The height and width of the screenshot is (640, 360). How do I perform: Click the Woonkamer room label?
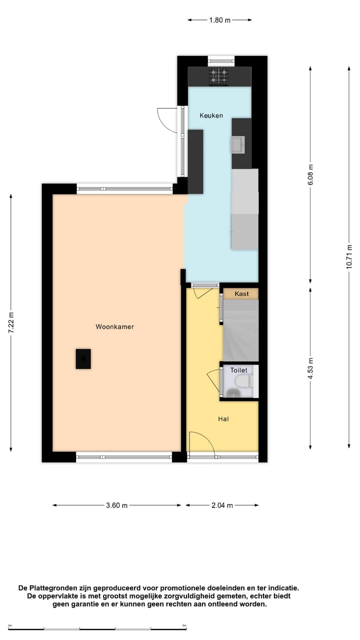(x=114, y=327)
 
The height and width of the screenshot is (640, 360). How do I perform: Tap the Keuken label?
(x=211, y=115)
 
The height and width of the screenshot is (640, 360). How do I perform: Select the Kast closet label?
(x=241, y=294)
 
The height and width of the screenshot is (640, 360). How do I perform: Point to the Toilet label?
(x=238, y=370)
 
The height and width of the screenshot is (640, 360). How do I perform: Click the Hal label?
(x=223, y=419)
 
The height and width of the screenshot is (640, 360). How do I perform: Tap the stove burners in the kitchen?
(x=219, y=76)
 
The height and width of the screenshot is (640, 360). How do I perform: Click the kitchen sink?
(x=237, y=145)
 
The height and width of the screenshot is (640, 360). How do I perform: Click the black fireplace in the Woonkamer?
(x=83, y=359)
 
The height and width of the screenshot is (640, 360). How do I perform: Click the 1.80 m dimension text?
(x=219, y=20)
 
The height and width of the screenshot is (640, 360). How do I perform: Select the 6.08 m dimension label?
(x=310, y=175)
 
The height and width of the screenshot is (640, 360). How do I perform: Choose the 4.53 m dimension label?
(x=310, y=368)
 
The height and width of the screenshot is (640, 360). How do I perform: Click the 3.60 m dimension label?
(x=116, y=505)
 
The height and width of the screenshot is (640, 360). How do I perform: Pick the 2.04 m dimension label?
(x=222, y=505)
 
